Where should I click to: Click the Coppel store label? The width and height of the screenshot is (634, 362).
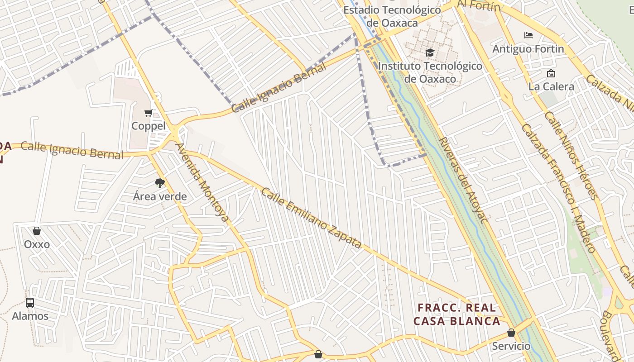point(148,126)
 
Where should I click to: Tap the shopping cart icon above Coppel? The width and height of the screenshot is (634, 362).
point(148,113)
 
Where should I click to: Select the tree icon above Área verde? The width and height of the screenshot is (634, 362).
point(159,183)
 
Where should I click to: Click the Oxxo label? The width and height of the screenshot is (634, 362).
point(37,244)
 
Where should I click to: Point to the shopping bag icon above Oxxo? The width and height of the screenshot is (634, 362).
point(37,231)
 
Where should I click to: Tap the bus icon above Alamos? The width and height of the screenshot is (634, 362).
point(30,302)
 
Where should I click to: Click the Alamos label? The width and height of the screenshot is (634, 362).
point(30,316)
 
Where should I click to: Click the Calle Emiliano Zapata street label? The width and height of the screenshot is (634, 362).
point(311,218)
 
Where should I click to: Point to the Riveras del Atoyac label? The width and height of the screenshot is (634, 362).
point(463,180)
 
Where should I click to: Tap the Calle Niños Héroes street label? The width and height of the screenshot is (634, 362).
point(571,155)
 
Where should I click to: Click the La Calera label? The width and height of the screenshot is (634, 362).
point(551,86)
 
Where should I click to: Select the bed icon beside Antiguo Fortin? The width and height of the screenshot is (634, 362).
point(528,35)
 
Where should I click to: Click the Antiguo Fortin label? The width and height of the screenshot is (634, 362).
point(528,49)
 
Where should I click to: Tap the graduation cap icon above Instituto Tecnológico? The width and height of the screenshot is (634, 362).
point(430,53)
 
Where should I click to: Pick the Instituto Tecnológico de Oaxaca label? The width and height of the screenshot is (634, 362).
point(430,72)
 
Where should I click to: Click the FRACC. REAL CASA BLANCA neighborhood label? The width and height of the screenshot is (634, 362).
point(456,314)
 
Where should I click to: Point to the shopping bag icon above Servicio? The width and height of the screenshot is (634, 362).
point(511,333)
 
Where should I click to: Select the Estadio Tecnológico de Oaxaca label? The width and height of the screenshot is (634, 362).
point(392,16)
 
